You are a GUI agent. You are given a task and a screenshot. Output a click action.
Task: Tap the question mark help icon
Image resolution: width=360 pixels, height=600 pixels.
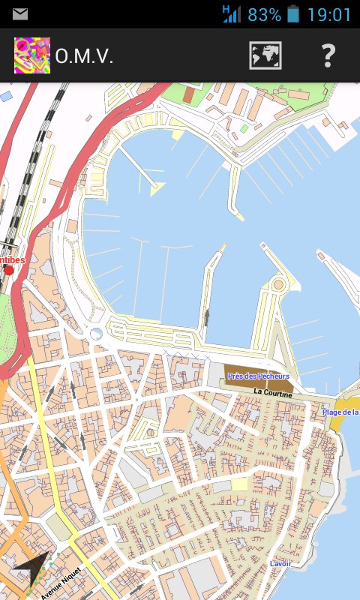[x=328, y=56]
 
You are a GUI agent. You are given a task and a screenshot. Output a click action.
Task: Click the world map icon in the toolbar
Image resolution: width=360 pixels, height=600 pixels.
[x=265, y=56]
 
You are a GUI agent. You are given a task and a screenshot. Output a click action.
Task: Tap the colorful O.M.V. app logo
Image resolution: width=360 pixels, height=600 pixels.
[x=32, y=56]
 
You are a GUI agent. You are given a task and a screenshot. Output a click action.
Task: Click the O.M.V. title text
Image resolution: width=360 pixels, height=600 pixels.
[x=84, y=56]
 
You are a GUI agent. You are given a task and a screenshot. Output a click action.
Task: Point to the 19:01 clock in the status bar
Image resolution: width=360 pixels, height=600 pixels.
[x=328, y=14]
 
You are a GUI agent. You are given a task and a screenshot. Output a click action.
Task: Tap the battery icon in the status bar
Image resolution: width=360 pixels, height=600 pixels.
[x=293, y=14]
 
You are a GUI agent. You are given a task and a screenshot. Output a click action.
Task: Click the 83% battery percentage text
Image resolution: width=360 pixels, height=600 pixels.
[x=264, y=14]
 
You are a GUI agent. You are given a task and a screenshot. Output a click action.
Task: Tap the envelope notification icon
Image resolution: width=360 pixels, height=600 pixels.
[x=20, y=13]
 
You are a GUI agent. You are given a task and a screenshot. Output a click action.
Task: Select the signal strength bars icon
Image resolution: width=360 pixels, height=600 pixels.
[x=232, y=13]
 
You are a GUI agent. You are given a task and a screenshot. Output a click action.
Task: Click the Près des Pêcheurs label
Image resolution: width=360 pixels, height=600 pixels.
[x=259, y=376]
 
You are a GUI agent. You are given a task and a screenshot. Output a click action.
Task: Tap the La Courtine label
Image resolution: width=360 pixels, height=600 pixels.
[x=273, y=391]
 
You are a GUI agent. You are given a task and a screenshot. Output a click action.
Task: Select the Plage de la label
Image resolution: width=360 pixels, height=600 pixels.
[x=340, y=412]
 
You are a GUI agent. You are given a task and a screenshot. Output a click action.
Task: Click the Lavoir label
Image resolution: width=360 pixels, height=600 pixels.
[x=280, y=563]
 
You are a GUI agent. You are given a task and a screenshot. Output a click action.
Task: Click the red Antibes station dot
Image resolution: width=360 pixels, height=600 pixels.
[x=9, y=270]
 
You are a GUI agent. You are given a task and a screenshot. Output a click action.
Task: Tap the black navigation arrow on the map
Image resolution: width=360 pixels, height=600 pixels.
[x=31, y=574]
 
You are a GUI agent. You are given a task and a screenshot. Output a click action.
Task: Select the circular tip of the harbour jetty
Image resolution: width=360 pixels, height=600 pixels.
[x=279, y=284]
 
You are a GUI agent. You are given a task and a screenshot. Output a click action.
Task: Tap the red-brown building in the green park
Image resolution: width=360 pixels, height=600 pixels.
[x=187, y=96]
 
